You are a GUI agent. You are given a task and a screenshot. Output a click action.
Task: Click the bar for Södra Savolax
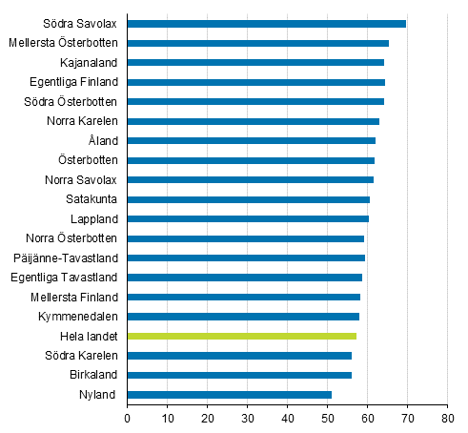[266, 24]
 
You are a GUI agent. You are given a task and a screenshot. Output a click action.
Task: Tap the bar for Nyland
[229, 394]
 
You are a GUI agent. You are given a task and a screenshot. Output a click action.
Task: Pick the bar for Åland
[251, 140]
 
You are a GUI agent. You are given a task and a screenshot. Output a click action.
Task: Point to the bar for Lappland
[248, 218]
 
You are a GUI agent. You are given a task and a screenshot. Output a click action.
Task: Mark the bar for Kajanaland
[255, 62]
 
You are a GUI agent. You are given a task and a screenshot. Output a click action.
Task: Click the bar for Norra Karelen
[253, 121]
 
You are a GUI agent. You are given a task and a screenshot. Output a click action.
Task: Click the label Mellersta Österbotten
[63, 43]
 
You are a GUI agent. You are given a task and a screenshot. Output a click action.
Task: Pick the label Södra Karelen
[81, 356]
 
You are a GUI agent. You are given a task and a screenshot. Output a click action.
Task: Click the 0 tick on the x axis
[127, 417]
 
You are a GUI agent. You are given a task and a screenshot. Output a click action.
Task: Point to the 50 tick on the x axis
[327, 417]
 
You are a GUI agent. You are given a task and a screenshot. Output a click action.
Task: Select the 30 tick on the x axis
[247, 417]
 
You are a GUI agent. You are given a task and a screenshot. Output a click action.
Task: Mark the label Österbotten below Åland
[88, 160]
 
